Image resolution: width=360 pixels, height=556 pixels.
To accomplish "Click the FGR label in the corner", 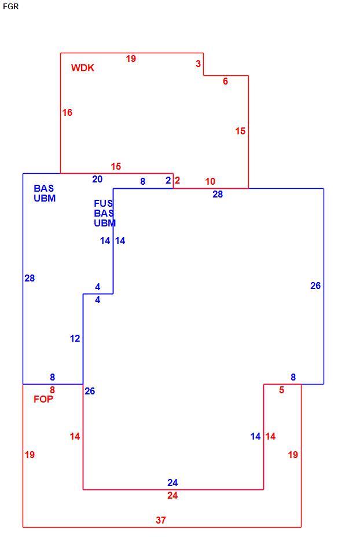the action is pos(10,6).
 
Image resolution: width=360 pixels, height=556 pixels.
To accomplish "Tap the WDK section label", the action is pos(83,68).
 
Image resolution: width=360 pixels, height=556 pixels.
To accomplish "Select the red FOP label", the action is pos(43,399).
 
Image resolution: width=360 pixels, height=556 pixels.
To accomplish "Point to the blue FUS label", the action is pos(104,203).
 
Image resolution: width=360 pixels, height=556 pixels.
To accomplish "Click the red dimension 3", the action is pos(199,64).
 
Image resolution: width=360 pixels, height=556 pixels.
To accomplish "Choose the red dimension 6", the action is pos(225,81).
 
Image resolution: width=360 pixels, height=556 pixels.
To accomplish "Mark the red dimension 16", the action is pos(67,112).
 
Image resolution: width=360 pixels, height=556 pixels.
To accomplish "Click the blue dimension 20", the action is pos(97,179).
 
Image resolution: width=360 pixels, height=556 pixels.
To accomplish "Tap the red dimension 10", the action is pos(210,181).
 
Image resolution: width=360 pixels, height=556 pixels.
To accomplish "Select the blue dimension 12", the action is pos(75,338).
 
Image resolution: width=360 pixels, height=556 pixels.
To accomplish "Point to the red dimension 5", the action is pos(282,390).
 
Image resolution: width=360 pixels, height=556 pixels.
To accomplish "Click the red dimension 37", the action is pos(161,520).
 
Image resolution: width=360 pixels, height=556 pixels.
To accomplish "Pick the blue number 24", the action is pos(172,482).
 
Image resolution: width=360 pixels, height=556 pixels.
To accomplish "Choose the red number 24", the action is pos(172,495).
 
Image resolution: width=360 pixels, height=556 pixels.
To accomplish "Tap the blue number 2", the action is pos(168,181).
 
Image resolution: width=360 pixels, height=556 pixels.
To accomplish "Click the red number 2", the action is pos(177,181).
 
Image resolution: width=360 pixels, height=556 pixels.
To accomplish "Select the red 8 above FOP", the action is pos(53,390).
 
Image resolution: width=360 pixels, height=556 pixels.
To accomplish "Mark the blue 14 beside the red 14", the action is pos(255,436).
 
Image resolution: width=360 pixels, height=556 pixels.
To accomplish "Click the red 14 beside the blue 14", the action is pos(270,436).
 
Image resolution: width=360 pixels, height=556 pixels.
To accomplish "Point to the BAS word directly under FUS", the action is pos(104,213).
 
